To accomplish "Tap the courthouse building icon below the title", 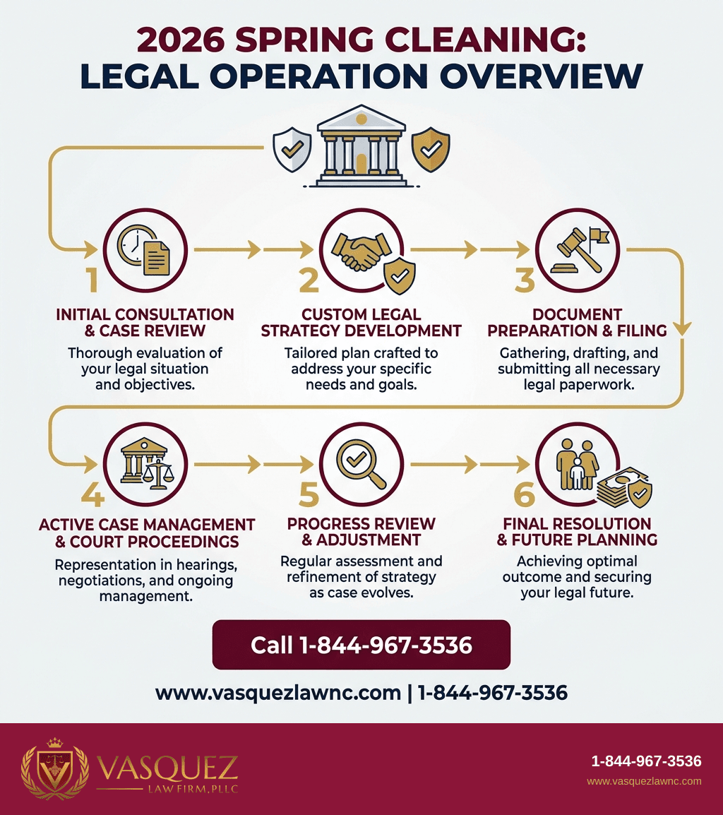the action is coord(361,146).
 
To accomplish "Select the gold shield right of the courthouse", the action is coord(431,150).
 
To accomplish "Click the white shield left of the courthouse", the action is coord(292,150).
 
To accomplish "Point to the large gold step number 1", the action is coord(92,280).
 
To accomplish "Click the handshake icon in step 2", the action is coord(361,251).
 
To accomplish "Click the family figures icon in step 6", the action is coord(577,464).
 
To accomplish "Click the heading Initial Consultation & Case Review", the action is coord(145,322).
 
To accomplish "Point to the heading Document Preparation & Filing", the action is coord(577,322).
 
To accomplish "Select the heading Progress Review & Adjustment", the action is coord(361,532).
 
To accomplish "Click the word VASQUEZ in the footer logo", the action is coord(167,768).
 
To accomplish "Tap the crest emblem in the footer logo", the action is coord(54,768).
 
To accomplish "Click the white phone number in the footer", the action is coord(646,761).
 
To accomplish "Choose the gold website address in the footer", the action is coord(644,781).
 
